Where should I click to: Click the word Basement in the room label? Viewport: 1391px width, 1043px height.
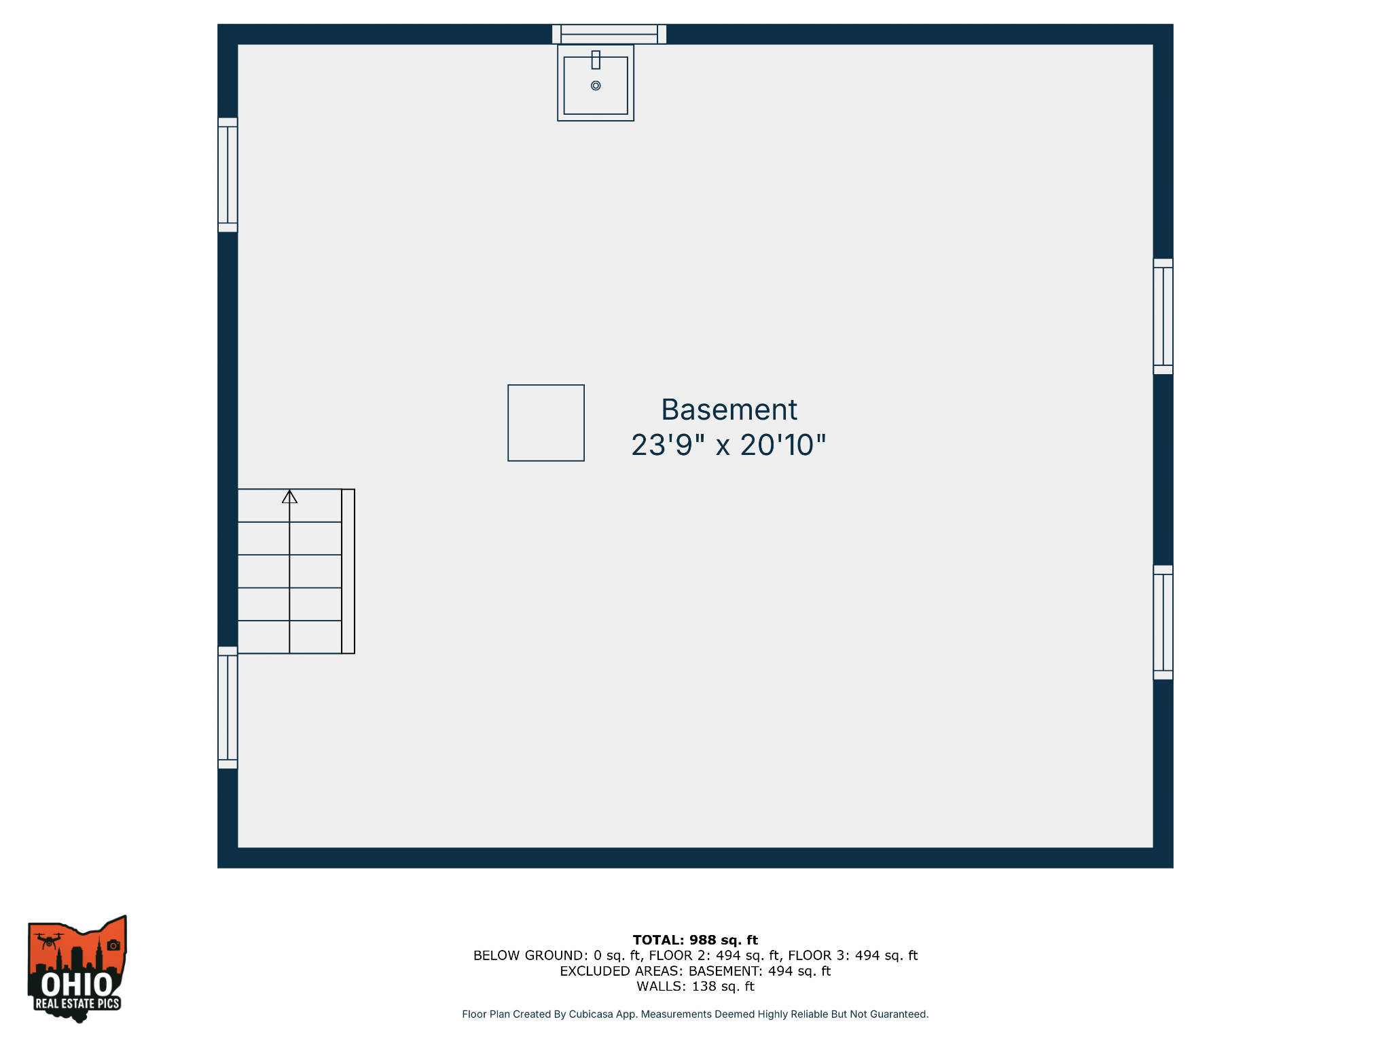coord(729,410)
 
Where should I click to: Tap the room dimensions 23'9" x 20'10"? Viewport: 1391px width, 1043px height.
coord(729,445)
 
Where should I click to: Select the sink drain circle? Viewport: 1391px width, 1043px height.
coord(596,86)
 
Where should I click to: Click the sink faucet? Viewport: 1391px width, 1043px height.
coord(596,60)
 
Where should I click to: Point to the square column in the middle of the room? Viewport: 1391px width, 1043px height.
coord(546,423)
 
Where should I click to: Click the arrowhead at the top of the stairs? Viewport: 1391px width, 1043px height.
coord(289,497)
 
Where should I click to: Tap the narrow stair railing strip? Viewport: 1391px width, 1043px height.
coord(348,571)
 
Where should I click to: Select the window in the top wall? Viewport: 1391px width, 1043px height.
coord(609,34)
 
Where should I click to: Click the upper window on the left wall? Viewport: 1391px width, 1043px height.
coord(228,175)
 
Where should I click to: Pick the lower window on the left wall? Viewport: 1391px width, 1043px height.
coord(228,708)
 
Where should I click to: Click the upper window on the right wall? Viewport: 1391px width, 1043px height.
coord(1163,316)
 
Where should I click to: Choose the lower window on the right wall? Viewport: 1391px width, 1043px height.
coord(1163,622)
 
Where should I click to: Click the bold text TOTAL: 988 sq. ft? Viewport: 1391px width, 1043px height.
coord(695,940)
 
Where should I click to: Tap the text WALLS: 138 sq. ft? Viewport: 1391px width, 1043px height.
coord(695,987)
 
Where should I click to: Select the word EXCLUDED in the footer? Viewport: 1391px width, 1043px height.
coord(587,971)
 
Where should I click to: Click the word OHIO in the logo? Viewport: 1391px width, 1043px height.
coord(77,984)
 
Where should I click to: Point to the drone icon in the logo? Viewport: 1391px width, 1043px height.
coord(48,941)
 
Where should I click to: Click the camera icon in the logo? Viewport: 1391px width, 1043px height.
coord(113,945)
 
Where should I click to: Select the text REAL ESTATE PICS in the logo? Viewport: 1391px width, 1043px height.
coord(77,1004)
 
